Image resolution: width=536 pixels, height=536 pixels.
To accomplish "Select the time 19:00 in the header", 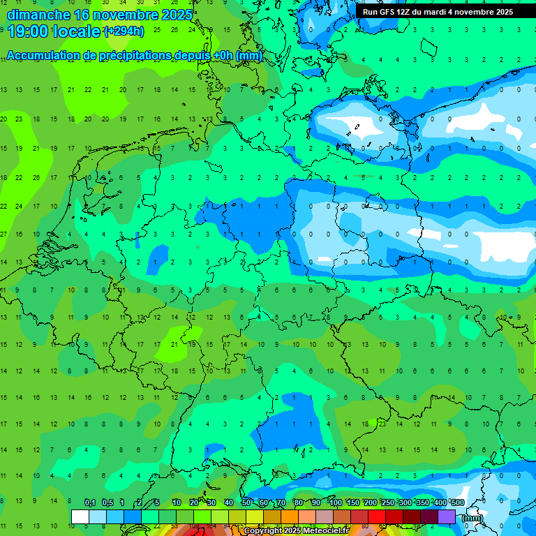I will click(x=27, y=31).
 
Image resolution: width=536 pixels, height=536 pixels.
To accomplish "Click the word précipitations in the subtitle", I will click(x=121, y=56).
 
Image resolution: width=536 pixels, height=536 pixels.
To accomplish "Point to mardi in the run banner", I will click(x=438, y=12).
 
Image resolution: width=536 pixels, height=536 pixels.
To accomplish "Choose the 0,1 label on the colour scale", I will click(x=89, y=502).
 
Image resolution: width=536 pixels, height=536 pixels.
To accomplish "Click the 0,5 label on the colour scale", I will click(x=107, y=502).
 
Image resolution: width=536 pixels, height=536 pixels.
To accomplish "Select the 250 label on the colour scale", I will click(x=387, y=502).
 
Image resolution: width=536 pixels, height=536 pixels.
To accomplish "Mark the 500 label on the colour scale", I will click(x=457, y=502).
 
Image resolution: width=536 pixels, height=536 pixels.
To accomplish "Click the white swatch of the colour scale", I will click(x=80, y=516).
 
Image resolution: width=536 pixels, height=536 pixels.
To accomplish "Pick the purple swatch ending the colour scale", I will click(x=447, y=516).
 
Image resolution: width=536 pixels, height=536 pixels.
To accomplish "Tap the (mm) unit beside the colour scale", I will click(x=472, y=518).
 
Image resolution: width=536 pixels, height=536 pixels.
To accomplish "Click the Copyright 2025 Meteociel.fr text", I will click(x=297, y=531).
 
